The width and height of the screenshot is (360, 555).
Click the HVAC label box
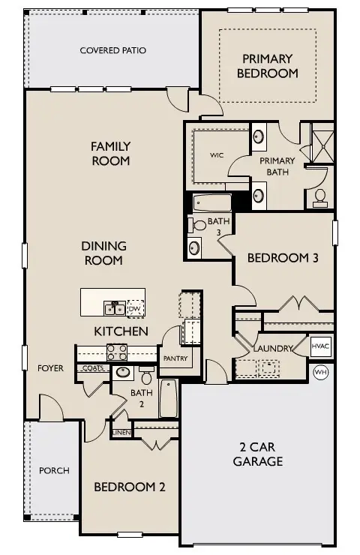click(321, 346)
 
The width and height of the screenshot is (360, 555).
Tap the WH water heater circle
click(321, 371)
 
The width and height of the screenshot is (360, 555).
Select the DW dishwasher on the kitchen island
click(135, 308)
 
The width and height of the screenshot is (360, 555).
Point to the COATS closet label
click(93, 368)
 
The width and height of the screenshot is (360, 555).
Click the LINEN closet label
click(121, 433)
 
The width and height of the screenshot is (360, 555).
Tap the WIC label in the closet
click(217, 155)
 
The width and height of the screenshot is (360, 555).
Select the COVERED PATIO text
click(112, 50)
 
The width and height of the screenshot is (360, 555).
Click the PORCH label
click(54, 471)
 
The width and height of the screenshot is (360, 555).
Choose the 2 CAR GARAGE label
click(257, 454)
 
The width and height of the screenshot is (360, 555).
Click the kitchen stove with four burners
click(116, 351)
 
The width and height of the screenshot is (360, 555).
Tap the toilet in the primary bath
click(320, 197)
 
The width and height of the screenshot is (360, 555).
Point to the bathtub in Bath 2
click(168, 398)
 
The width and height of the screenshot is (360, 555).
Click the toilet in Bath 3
click(199, 225)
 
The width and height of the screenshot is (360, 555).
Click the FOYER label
click(51, 368)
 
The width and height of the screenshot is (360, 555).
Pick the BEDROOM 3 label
click(283, 258)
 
